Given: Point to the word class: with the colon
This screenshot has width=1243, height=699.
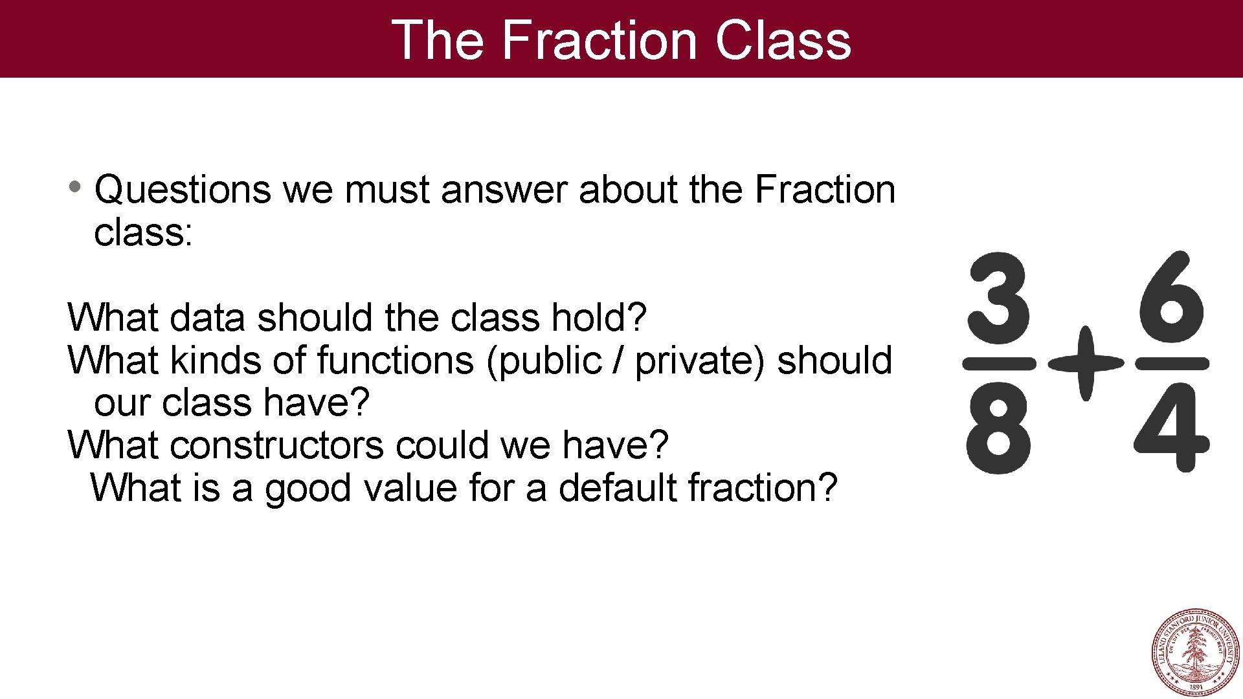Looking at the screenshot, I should click(143, 232).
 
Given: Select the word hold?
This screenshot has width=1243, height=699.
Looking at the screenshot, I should click(598, 318).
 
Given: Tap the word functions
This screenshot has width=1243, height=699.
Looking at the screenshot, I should click(395, 361).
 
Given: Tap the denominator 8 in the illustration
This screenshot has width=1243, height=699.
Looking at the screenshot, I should click(998, 428).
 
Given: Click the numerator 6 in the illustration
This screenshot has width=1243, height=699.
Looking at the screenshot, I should click(1171, 298).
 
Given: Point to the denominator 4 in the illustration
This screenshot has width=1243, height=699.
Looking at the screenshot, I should click(1171, 428).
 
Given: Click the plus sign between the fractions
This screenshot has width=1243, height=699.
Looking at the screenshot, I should click(1086, 363).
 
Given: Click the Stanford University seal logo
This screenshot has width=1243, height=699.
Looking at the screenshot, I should click(1195, 652).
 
